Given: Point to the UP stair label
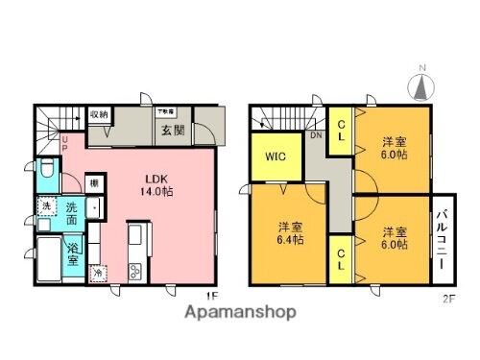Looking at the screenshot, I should coord(64,144).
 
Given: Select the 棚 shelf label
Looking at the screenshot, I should coord(93,182).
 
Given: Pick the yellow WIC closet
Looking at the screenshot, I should coord(273,156).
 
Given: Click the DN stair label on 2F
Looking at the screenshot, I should coord(316,136).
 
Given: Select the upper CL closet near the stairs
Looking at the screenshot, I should coord(342,125).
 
